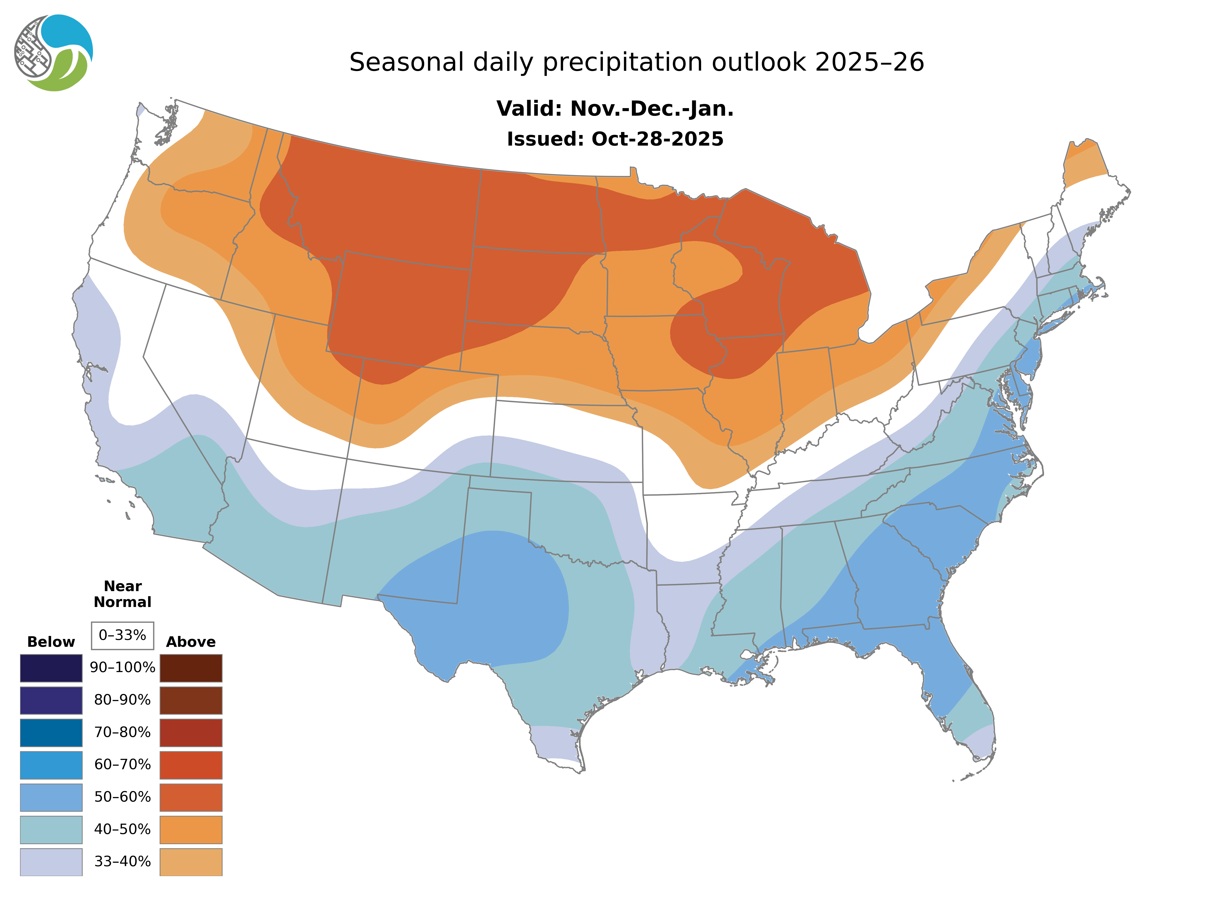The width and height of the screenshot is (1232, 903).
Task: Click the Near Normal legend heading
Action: click(x=122, y=594)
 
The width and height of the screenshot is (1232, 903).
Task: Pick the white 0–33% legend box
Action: click(x=122, y=635)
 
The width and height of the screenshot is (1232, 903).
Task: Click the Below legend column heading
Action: click(x=51, y=642)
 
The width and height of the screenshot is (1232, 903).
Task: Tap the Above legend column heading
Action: click(x=191, y=642)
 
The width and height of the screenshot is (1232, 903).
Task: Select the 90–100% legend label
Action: click(x=122, y=667)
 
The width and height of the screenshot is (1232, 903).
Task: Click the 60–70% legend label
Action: click(x=122, y=764)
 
